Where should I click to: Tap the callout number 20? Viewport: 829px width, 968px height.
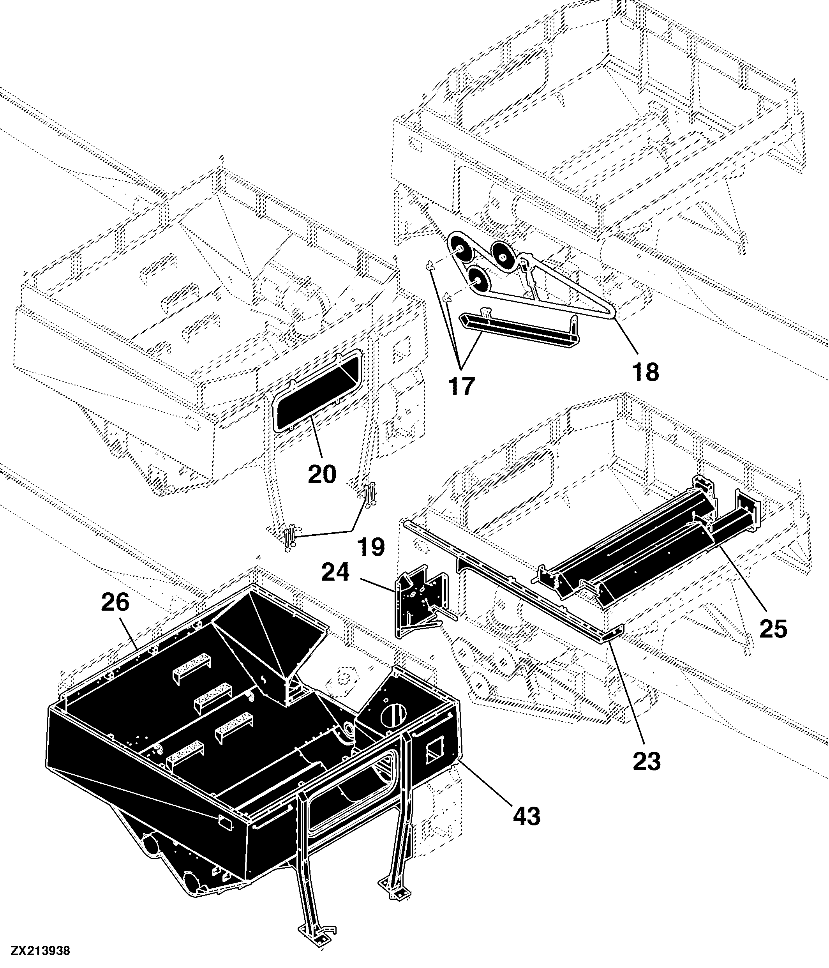tap(322, 474)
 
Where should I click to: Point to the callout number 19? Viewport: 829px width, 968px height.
tap(371, 547)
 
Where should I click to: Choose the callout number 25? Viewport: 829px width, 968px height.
tap(773, 628)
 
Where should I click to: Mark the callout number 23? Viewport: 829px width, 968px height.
tap(647, 761)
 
